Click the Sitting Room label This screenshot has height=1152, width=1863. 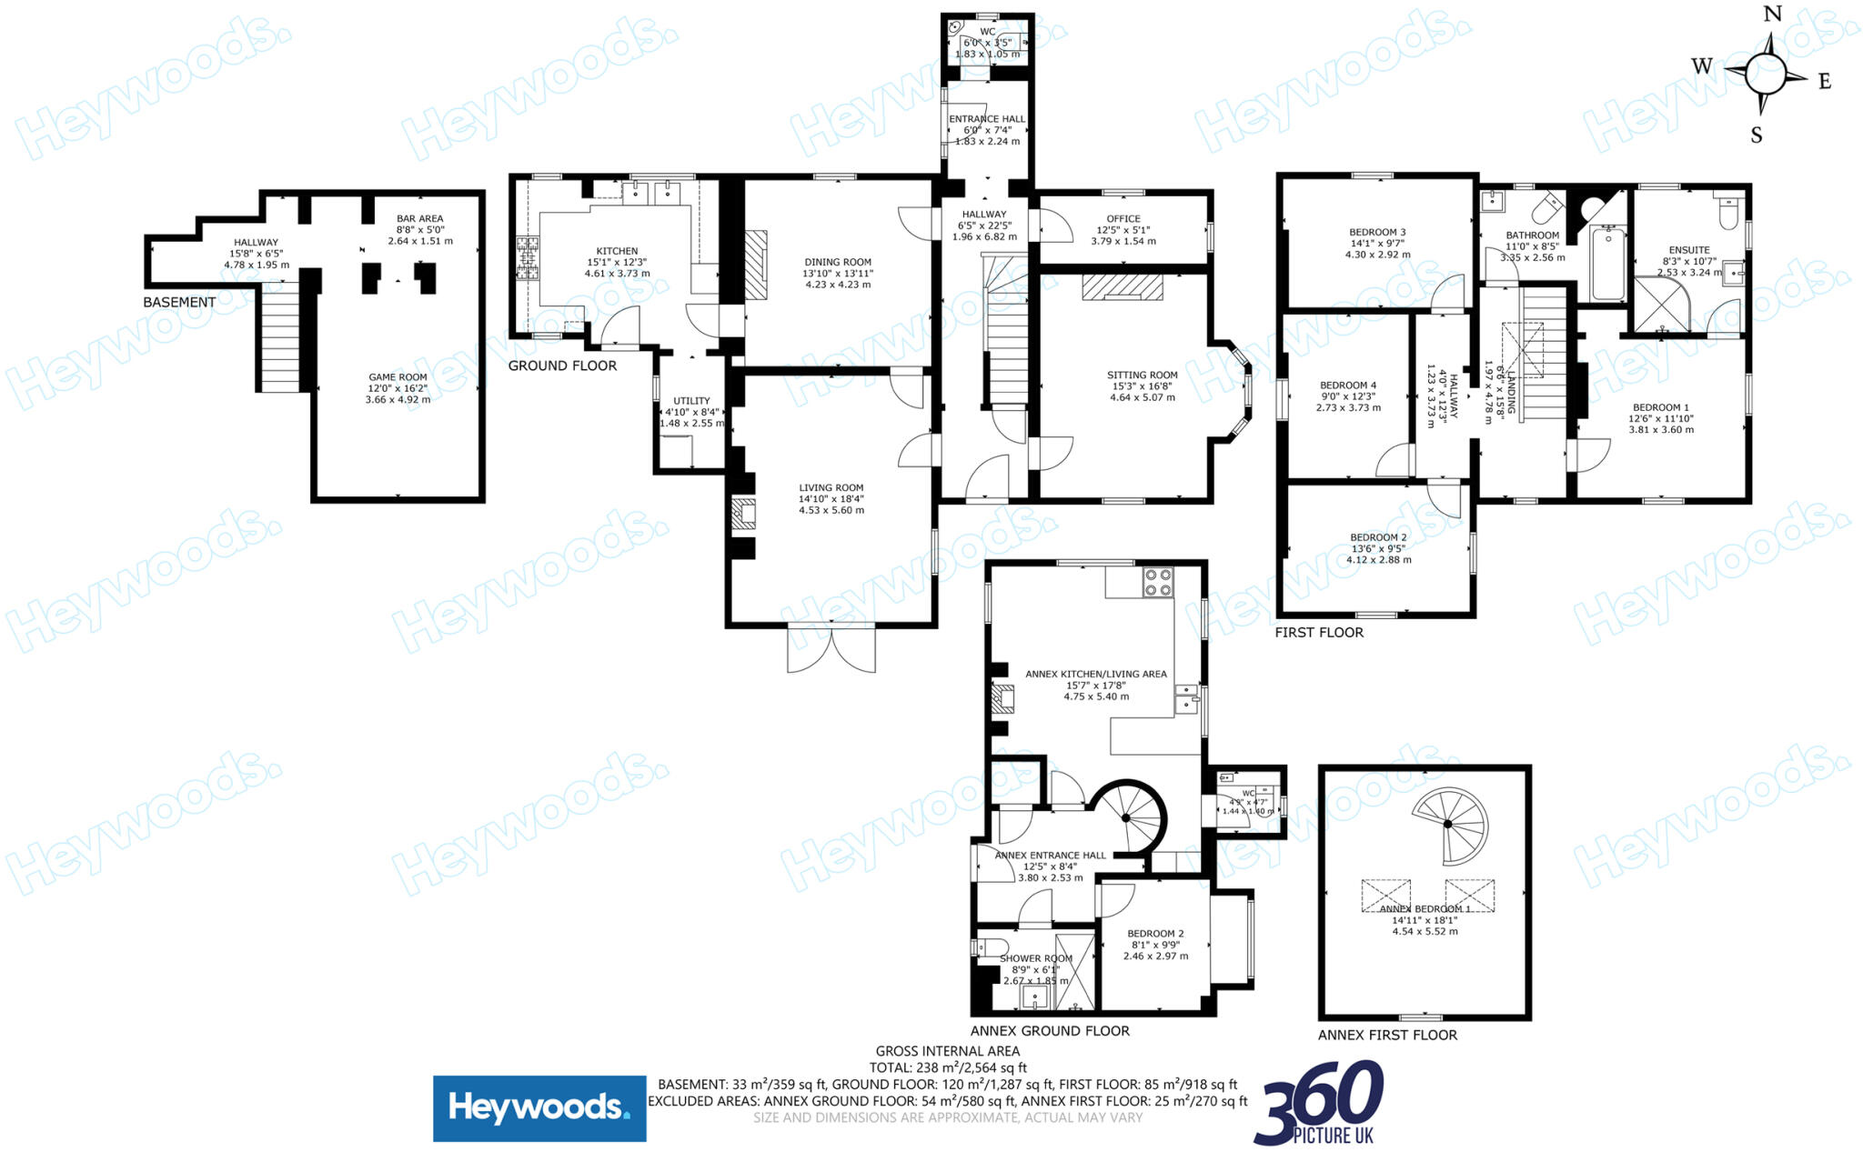(x=1142, y=375)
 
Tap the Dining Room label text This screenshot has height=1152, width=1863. (x=837, y=262)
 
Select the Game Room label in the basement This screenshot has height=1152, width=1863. (x=398, y=376)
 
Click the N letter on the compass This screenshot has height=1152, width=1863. (x=1772, y=14)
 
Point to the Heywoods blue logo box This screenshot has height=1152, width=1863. (x=539, y=1108)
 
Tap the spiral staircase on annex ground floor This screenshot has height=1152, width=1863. (x=1129, y=817)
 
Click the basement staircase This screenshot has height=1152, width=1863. (x=280, y=336)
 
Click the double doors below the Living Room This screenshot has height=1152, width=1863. (x=831, y=649)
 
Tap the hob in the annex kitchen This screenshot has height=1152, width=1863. (x=1157, y=582)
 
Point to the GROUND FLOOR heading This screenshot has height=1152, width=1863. (x=562, y=366)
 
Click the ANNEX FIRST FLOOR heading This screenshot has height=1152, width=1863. (x=1387, y=1035)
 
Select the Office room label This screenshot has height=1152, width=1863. (x=1123, y=218)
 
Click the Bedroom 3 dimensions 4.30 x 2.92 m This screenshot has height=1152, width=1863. (x=1377, y=255)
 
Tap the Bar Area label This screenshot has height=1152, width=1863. (x=419, y=218)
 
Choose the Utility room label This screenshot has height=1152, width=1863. (x=691, y=400)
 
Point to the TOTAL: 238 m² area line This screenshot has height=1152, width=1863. (x=948, y=1067)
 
